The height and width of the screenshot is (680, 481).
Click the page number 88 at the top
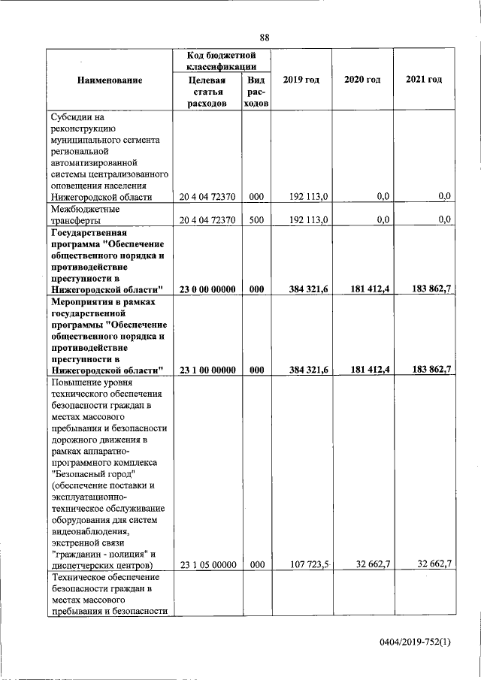point(264,38)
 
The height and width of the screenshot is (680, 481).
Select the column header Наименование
point(110,80)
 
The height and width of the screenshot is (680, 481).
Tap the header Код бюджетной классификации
point(221,61)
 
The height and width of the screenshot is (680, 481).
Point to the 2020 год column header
point(362,80)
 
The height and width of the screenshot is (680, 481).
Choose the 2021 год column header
point(424,80)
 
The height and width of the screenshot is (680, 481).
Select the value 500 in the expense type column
point(256,219)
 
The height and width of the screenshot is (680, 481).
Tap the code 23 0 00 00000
point(207,289)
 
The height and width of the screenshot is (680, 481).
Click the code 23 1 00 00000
point(207,370)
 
